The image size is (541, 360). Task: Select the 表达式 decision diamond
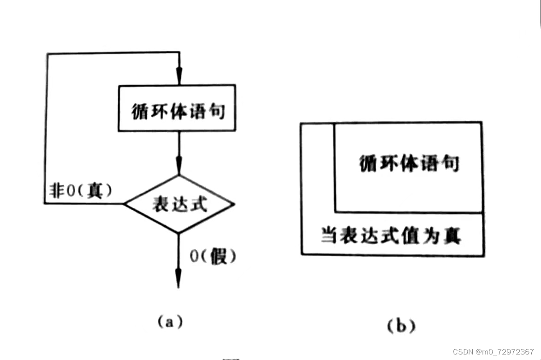coord(179,204)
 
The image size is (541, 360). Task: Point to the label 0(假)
coord(213,256)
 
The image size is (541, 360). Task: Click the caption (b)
coord(400,326)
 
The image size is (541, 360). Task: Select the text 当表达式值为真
coord(391,236)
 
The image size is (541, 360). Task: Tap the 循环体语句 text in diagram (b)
coord(409,163)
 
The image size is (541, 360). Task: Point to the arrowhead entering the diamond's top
coord(178,166)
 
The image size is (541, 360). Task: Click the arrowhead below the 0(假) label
coord(178,279)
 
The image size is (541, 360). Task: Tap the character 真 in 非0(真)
coord(95,191)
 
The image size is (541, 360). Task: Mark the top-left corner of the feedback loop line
coord(46,53)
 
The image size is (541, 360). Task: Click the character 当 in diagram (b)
coord(328,236)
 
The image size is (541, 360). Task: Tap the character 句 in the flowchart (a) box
coord(218,111)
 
